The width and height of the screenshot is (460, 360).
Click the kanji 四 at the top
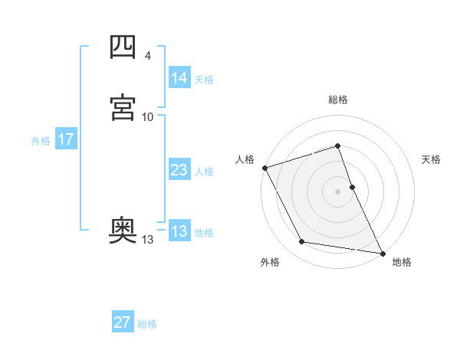123,47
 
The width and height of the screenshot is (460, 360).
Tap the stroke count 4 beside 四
147,56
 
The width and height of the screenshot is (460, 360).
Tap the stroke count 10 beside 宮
147,116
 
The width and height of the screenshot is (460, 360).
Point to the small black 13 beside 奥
147,240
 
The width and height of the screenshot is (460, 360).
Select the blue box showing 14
179,78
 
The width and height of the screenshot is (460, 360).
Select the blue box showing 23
179,171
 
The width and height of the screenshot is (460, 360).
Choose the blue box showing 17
65,140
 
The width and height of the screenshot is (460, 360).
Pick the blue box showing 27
122,322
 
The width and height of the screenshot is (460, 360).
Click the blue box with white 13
179,231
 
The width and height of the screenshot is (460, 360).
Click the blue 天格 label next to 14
204,79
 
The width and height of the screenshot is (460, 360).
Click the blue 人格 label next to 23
204,172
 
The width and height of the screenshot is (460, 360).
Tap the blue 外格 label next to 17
41,141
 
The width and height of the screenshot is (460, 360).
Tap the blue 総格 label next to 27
147,323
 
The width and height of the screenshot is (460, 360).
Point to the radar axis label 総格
338,100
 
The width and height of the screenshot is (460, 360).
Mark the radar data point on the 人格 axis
264,168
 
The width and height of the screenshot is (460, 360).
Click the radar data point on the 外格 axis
302,243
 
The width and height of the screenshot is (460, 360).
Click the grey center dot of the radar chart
338,191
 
